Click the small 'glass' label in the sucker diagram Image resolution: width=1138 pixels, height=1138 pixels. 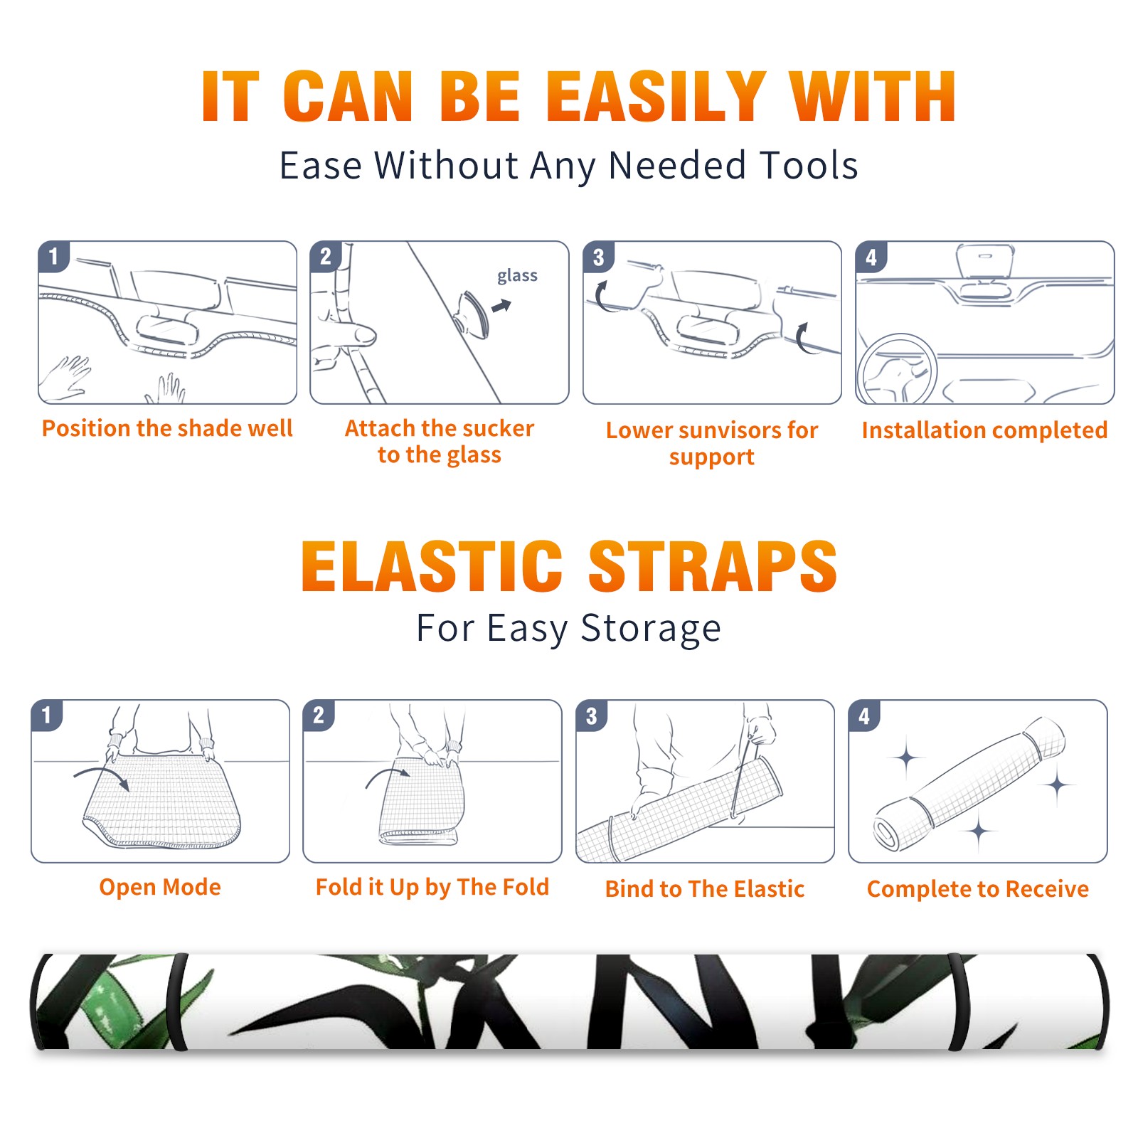[x=517, y=276]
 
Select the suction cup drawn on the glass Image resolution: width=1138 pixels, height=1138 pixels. [x=472, y=314]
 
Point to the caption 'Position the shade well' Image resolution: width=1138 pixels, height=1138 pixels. [x=167, y=428]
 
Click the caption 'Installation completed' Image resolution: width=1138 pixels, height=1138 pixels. [x=984, y=430]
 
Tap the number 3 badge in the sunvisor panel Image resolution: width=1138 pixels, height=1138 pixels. [x=598, y=257]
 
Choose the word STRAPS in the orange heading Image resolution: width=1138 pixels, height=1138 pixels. [x=713, y=566]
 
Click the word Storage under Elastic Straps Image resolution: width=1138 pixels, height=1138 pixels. [x=650, y=629]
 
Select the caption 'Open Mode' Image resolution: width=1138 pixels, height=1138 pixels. [x=160, y=888]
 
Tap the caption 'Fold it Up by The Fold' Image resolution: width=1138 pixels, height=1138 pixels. [x=432, y=888]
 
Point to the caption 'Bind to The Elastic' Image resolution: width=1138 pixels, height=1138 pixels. [x=705, y=889]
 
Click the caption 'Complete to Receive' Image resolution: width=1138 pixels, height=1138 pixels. [x=978, y=889]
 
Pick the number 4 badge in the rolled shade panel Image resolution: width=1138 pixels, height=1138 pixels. [x=864, y=716]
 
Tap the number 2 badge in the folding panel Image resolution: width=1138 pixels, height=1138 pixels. [x=319, y=716]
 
